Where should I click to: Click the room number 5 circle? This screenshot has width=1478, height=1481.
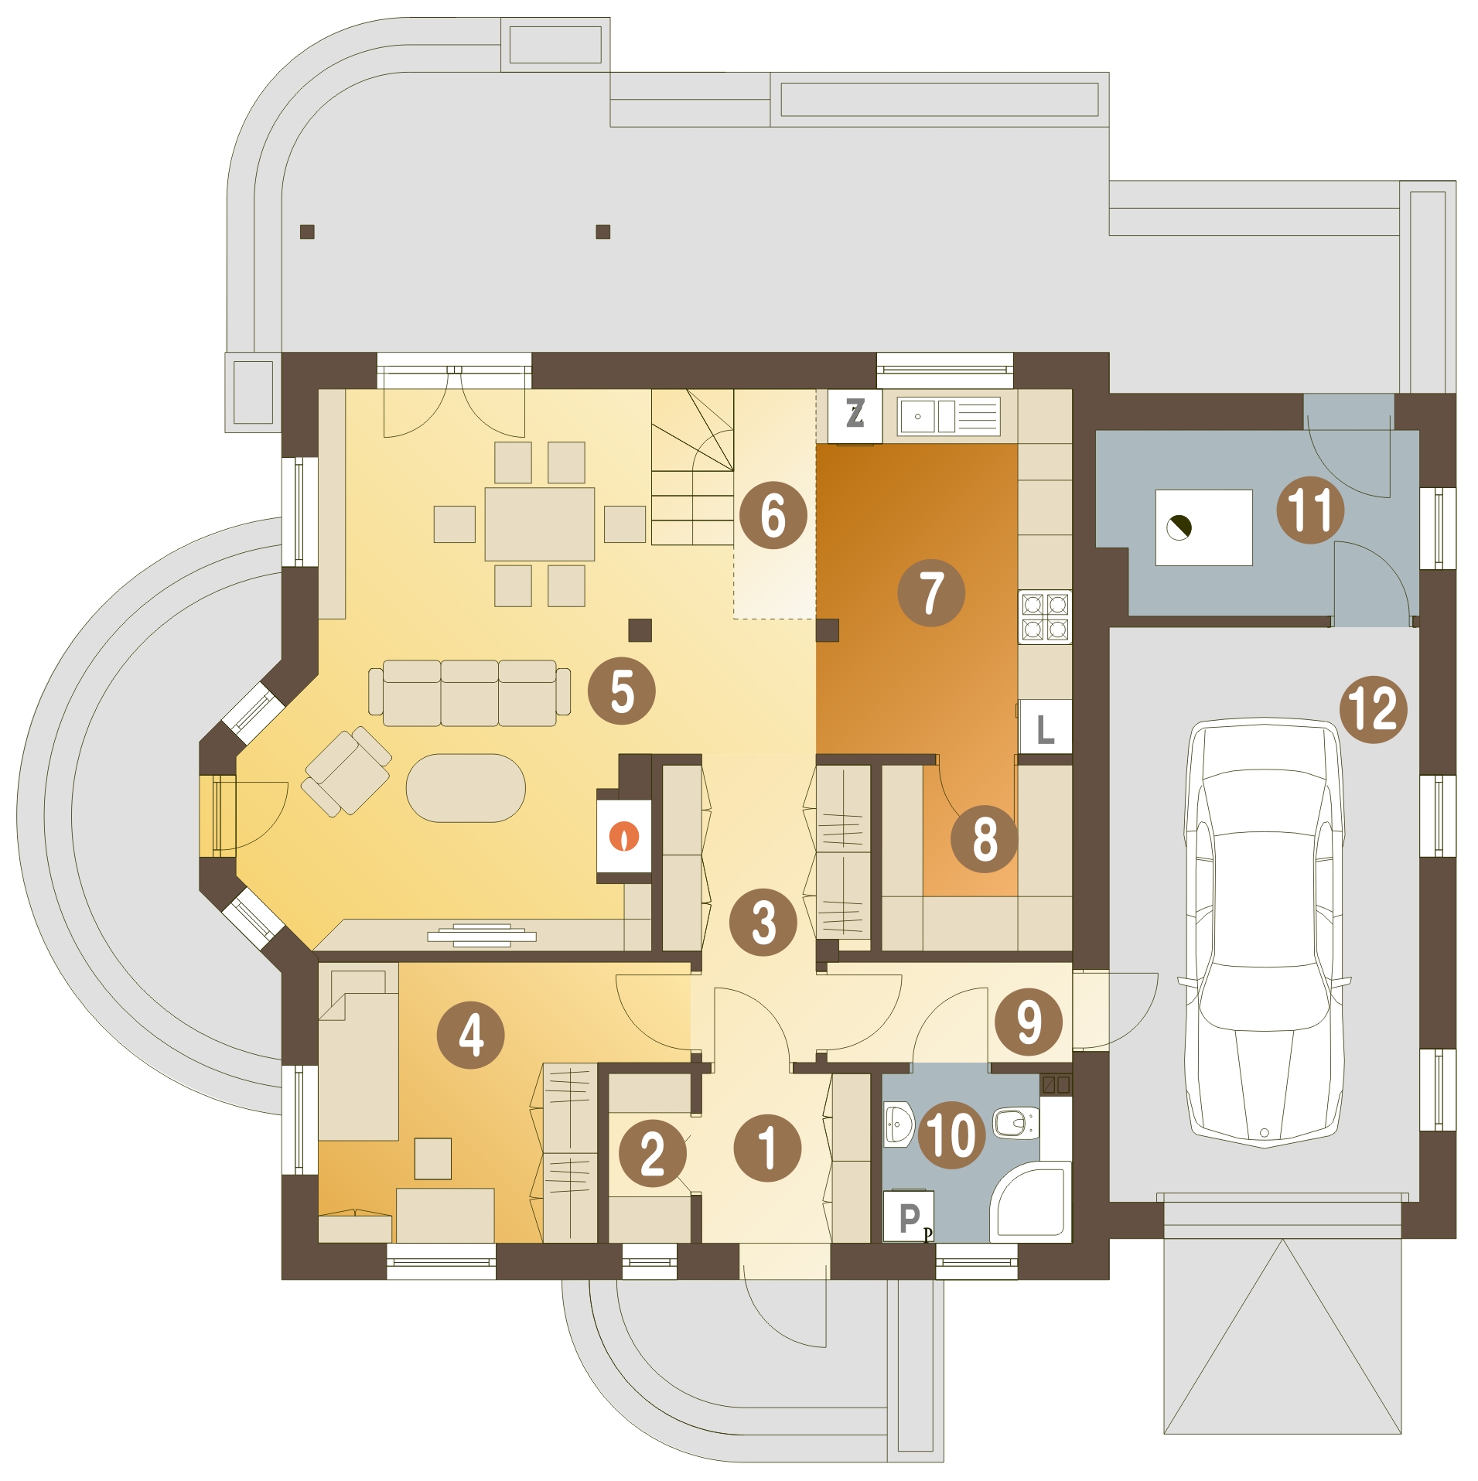coord(621,691)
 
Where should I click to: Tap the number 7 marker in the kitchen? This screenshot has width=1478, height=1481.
coord(930,592)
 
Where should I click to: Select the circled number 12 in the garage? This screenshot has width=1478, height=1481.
coord(1373,709)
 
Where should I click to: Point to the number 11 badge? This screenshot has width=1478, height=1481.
coord(1309,510)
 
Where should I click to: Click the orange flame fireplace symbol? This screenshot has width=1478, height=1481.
coord(624,836)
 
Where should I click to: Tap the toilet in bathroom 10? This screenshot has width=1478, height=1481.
coord(1014,1122)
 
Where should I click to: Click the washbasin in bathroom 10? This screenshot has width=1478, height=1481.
coord(898,1124)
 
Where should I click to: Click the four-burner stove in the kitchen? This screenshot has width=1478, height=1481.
coord(1044,616)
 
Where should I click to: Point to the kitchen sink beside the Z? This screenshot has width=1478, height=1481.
coord(948,416)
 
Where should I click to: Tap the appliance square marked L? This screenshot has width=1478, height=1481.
coord(1044,726)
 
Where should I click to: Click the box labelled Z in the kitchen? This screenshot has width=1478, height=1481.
coord(855,415)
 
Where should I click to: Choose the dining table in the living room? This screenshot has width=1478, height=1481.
coord(539,524)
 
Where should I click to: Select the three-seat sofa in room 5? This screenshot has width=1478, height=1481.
coord(469,692)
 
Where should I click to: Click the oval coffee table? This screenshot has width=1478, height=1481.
coord(466,787)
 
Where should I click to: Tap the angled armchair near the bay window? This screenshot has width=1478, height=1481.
coord(347,771)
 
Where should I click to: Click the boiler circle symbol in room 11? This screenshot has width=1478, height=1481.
coord(1178,527)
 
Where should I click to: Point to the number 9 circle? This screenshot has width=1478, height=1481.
coord(1028,1022)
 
